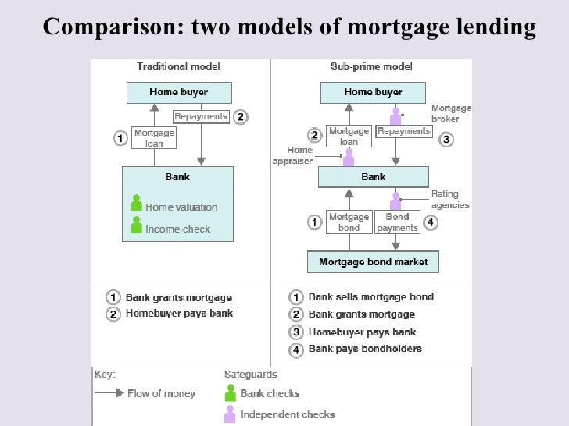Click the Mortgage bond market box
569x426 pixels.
tap(373, 262)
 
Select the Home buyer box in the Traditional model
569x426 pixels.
tap(179, 93)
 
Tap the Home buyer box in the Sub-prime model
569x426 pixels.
tap(373, 93)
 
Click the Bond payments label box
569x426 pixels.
tap(397, 222)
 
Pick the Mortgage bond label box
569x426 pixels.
tap(349, 222)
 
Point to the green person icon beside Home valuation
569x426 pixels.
tap(136, 204)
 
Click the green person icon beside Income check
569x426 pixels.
tap(136, 225)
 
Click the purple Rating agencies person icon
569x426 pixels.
tap(395, 201)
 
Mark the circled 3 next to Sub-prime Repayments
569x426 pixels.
tap(446, 140)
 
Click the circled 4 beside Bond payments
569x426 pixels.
tap(431, 222)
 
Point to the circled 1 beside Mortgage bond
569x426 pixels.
tap(314, 222)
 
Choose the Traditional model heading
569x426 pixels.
tap(178, 67)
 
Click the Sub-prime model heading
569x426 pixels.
tap(372, 67)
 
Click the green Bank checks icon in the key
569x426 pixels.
tap(230, 392)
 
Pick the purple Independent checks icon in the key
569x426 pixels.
tap(230, 414)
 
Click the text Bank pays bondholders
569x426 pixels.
tap(365, 349)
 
